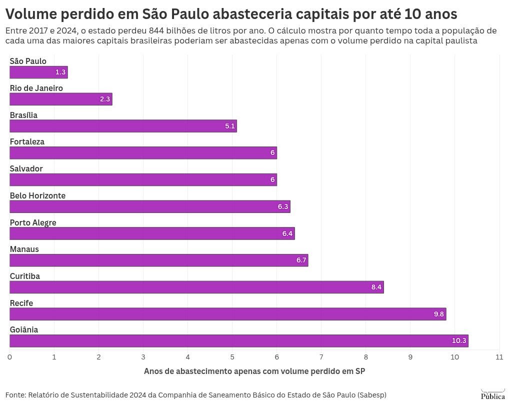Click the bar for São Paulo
(38, 72)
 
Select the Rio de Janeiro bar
(60, 99)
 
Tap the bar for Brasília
(123, 126)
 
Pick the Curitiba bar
(196, 287)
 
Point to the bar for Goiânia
(238, 341)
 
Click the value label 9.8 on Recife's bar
(438, 314)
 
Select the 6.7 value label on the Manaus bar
(301, 260)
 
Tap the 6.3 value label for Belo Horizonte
(283, 206)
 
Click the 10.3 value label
(459, 341)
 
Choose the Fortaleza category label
(27, 141)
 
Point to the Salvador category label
(26, 168)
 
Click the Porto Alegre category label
(33, 222)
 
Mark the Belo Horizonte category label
(37, 195)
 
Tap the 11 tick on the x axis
(499, 357)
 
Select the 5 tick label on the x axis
(232, 357)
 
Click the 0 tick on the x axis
(9, 357)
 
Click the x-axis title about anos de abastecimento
(254, 371)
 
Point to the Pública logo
(492, 394)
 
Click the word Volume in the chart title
(31, 13)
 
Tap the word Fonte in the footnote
(15, 394)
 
